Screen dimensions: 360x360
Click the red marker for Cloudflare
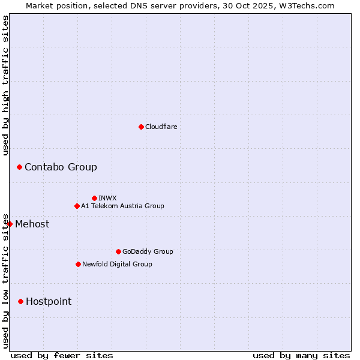tap(141, 127)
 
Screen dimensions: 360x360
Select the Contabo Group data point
tap(19, 167)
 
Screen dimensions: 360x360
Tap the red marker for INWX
tap(94, 198)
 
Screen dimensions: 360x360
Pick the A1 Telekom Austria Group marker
tap(77, 206)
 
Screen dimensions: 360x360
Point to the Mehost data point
tap(10, 224)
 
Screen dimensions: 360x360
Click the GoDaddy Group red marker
tap(118, 251)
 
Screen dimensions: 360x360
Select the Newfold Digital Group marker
tap(78, 264)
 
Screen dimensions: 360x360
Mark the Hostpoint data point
tap(20, 301)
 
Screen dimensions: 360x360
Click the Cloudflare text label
tap(161, 127)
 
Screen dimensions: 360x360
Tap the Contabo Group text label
tap(61, 167)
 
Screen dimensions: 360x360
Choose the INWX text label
tap(108, 198)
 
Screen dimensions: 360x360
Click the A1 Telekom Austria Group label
tap(122, 206)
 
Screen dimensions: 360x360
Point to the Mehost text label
tap(32, 224)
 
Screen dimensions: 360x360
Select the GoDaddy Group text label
tap(148, 251)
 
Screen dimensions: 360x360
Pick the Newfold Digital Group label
tap(117, 264)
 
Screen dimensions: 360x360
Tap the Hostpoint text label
tap(49, 301)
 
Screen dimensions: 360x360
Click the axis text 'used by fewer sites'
tap(62, 355)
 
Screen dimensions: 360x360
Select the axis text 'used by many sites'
tap(301, 355)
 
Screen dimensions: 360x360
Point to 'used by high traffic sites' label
tap(5, 85)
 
